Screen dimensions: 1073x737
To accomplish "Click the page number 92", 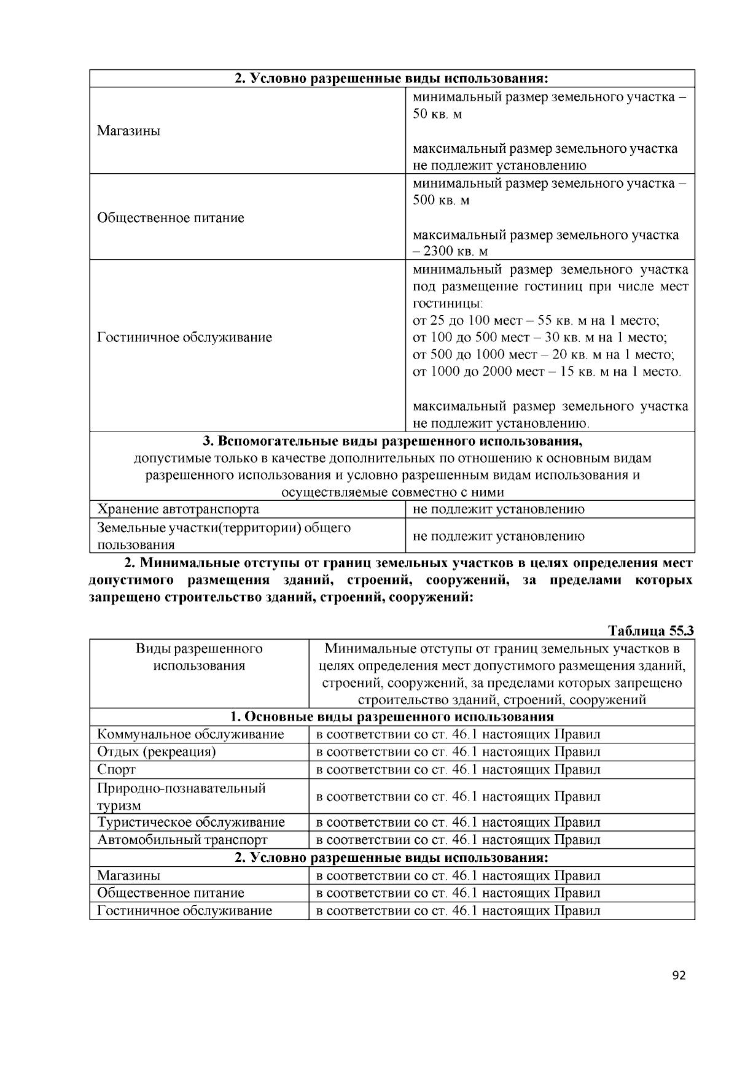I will click(x=679, y=975).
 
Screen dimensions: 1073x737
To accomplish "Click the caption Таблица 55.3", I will click(x=650, y=631).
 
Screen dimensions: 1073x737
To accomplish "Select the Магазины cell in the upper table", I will click(x=128, y=131).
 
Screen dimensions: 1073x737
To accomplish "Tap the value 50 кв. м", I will click(x=437, y=114).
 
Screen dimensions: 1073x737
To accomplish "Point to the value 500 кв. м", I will click(x=441, y=200).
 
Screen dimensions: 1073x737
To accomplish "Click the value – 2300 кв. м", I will click(x=450, y=251).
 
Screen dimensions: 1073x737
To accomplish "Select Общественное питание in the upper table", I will click(x=171, y=218).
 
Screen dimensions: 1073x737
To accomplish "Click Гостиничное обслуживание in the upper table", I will click(x=184, y=338).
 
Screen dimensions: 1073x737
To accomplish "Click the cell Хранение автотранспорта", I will click(x=178, y=509).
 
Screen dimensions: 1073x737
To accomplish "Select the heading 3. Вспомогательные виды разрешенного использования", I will click(x=392, y=441).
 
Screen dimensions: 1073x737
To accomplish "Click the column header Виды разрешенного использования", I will click(x=199, y=657).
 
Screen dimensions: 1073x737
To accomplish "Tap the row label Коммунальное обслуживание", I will click(x=190, y=734).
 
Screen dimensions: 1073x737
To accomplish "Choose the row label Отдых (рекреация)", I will click(x=156, y=752).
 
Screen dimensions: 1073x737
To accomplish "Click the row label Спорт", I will click(x=116, y=770).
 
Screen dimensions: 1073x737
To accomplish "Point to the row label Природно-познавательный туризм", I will click(x=181, y=796).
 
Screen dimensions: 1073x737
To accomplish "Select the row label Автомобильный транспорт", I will click(x=182, y=840).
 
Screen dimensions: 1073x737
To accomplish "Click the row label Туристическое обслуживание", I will click(x=191, y=823).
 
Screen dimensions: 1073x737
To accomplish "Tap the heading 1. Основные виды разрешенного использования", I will click(x=392, y=717).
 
